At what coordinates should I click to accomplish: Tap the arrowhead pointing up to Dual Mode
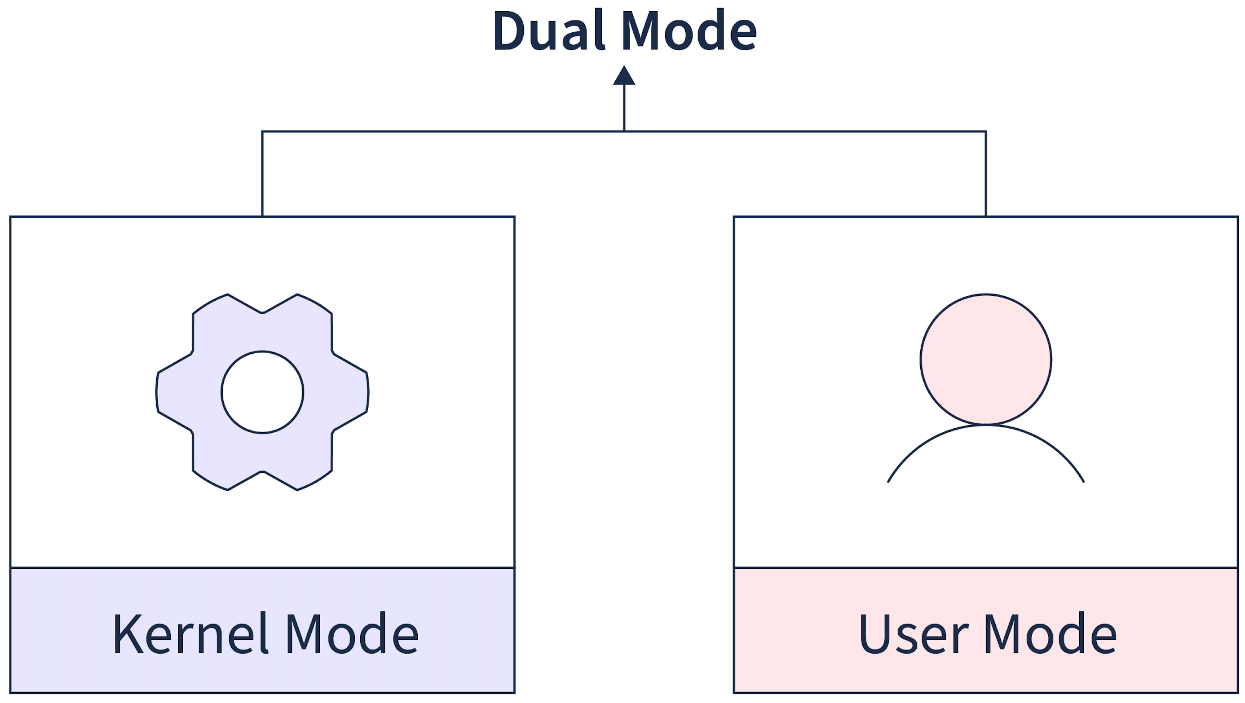point(624,77)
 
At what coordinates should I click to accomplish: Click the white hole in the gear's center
point(262,392)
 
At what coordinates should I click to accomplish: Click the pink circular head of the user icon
point(985,360)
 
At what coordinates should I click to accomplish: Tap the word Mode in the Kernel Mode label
point(352,634)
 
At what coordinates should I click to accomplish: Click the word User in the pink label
point(914,634)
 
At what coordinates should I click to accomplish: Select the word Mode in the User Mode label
point(1050,634)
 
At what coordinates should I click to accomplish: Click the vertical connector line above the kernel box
point(262,174)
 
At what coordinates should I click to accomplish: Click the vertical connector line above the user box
point(985,174)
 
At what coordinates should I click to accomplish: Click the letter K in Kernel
point(128,634)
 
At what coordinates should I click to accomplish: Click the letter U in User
point(874,634)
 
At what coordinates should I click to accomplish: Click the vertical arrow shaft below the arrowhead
point(624,109)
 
